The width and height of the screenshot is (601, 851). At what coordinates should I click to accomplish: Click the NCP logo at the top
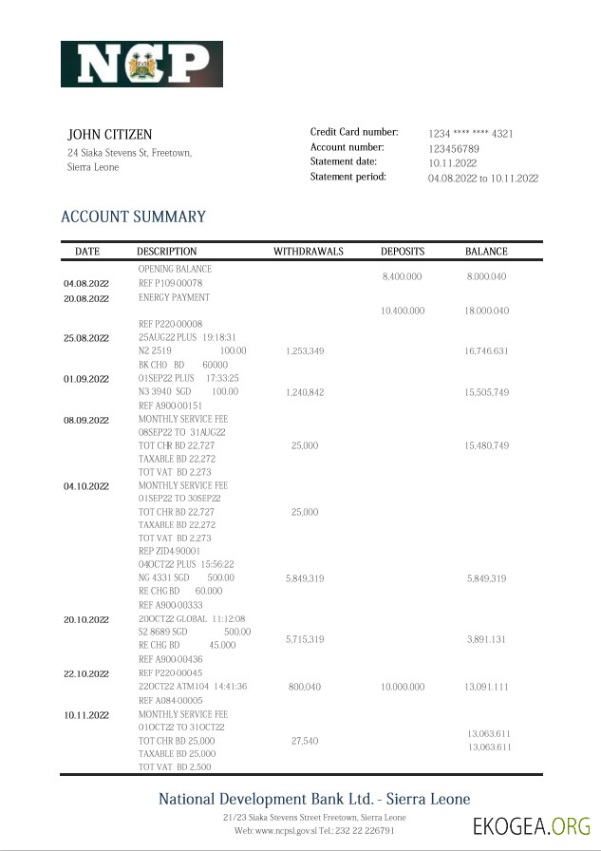141,65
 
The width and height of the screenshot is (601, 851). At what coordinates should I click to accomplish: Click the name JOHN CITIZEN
109,135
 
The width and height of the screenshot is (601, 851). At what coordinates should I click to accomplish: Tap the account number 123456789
453,149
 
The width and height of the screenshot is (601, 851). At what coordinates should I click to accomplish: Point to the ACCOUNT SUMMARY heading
133,217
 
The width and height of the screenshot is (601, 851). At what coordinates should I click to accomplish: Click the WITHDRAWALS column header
308,252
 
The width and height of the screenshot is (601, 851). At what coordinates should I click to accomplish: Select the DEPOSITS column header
403,252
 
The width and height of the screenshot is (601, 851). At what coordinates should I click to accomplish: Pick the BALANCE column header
486,252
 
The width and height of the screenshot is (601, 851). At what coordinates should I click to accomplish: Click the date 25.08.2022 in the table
86,338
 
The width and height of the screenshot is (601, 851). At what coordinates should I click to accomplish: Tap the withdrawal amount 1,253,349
305,351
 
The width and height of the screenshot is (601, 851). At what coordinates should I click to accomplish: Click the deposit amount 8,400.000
402,276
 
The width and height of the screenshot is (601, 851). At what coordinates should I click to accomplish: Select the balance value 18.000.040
487,312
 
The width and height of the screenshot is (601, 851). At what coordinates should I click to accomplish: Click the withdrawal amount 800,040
305,686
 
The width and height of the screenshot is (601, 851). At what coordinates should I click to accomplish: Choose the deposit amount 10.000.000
403,686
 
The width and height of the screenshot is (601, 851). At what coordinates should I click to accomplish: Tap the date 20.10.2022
86,619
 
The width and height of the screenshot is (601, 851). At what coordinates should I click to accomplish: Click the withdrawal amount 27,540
305,740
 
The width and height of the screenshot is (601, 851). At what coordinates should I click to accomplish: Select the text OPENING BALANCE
175,270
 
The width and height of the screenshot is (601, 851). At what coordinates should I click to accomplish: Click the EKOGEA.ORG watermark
531,824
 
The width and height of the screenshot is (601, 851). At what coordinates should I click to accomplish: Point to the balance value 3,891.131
487,640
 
